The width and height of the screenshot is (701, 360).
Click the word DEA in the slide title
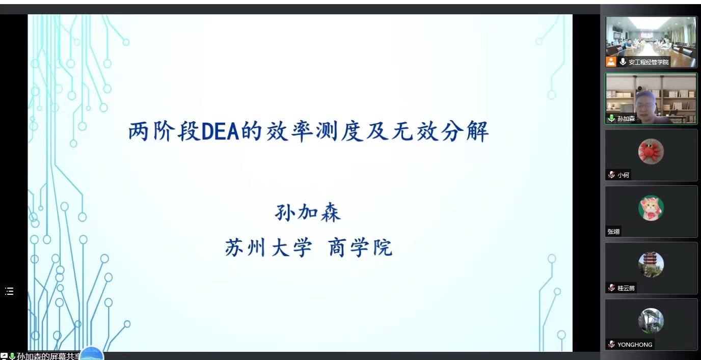(x=220, y=132)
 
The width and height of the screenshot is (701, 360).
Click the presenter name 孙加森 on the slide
(x=308, y=213)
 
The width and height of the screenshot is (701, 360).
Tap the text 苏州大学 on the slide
(x=268, y=247)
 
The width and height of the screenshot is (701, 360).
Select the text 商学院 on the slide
(x=360, y=247)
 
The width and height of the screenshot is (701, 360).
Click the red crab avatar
(x=651, y=152)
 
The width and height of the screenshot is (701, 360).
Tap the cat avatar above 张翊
(x=651, y=208)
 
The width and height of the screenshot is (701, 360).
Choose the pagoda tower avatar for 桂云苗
(x=651, y=265)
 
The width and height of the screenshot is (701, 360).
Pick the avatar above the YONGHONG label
(x=651, y=321)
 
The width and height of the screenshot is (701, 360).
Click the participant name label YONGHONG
(x=635, y=345)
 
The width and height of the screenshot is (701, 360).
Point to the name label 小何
(x=623, y=175)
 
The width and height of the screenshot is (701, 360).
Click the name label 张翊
(x=613, y=232)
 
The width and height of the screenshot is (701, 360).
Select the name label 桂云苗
(x=626, y=288)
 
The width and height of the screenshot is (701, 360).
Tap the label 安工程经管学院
(x=649, y=62)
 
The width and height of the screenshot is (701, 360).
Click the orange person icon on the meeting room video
(x=611, y=62)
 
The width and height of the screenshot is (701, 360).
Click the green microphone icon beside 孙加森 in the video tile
(x=611, y=118)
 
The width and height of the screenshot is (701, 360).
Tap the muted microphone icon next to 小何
(x=611, y=175)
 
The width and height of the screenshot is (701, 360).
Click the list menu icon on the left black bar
(x=9, y=291)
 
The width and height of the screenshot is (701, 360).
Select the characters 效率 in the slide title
(x=289, y=132)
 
